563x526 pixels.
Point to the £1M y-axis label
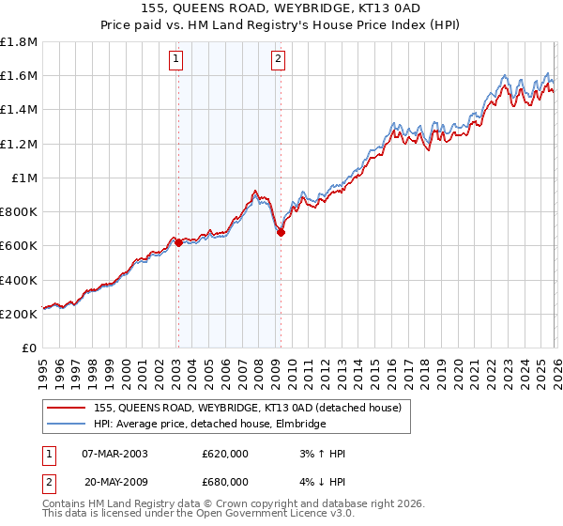(25, 178)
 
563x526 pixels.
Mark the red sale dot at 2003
(178, 242)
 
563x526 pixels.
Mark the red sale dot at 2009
(281, 232)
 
